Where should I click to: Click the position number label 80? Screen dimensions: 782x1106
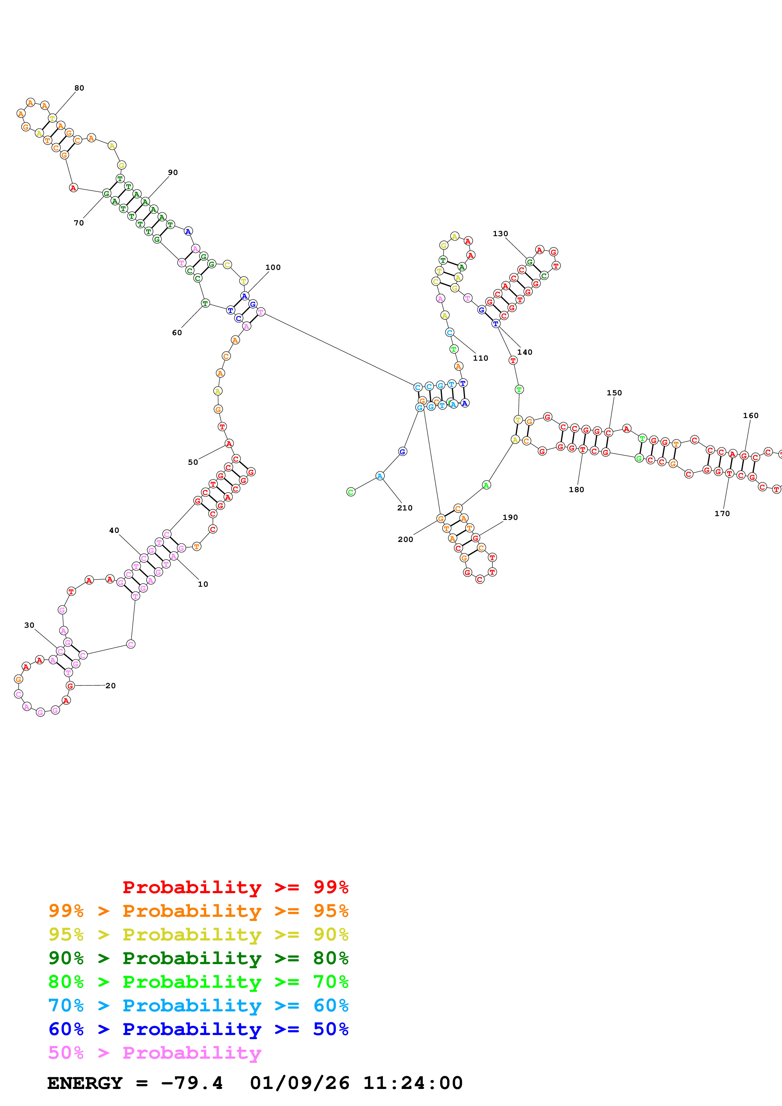point(79,88)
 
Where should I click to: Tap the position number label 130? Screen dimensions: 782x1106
point(500,234)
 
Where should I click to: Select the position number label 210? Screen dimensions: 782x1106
point(405,508)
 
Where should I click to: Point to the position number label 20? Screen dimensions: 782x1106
point(110,685)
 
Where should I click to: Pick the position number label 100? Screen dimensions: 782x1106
point(273,267)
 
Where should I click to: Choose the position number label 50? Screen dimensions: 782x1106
point(193,462)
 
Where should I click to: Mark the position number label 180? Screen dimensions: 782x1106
point(576,489)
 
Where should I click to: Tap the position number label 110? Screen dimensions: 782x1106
point(480,358)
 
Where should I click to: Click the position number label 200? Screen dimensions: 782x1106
point(405,539)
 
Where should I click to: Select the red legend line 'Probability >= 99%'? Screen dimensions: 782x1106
point(235,887)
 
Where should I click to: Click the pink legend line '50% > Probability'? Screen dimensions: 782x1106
point(155,1052)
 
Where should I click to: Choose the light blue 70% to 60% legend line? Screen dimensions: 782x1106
point(198,1005)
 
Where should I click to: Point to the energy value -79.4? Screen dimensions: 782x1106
point(192,1083)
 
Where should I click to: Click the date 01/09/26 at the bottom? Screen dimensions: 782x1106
point(299,1083)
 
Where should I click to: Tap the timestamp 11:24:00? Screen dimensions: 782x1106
point(412,1083)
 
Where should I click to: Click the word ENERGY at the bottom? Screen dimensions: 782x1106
point(85,1083)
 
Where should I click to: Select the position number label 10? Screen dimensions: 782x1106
point(203,584)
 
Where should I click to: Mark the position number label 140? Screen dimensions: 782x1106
point(525,352)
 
